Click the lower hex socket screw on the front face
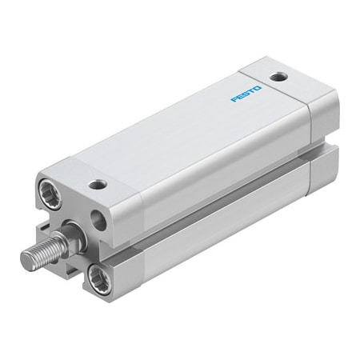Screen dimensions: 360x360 tap(102, 278)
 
